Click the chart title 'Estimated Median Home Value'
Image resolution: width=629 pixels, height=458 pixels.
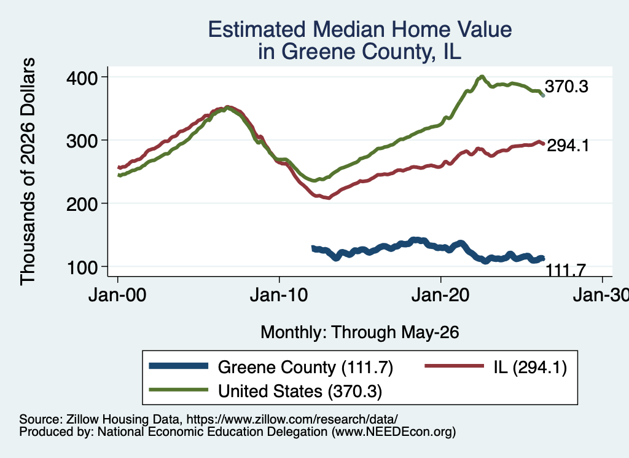pos(360,30)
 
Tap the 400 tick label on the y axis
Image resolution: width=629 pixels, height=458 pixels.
pos(82,77)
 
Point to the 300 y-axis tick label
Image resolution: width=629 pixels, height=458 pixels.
pos(82,141)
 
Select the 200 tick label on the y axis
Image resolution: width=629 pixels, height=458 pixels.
pos(82,204)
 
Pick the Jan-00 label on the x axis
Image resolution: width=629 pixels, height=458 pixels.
pos(117,295)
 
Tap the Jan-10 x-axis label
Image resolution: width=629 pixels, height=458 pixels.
pos(279,295)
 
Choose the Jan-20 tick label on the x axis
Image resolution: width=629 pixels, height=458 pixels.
pos(440,295)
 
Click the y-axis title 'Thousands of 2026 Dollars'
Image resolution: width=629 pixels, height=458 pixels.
pos(28,172)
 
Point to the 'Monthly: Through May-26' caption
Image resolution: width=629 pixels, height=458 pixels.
pos(360,333)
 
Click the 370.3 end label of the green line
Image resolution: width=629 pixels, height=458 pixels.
pos(566,86)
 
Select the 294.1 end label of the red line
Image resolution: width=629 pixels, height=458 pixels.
pos(568,145)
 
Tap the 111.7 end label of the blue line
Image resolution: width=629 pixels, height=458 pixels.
pos(566,270)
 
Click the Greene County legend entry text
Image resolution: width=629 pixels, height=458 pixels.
pos(305,367)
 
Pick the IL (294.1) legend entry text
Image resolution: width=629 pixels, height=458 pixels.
pos(530,367)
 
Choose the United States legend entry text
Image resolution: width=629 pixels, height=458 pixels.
pos(300,391)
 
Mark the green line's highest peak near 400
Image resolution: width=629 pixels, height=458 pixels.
pos(482,76)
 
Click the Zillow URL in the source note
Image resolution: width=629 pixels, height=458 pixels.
pos(292,419)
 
